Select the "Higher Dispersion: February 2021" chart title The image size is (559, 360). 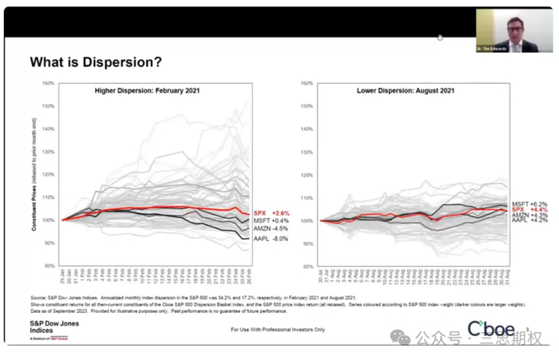[x=147, y=91]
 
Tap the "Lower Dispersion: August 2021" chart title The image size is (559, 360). [x=406, y=91]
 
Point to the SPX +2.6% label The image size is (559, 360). [x=270, y=212]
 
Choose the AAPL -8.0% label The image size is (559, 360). [x=270, y=239]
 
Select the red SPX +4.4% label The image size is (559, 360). [x=528, y=211]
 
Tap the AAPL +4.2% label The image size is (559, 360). [x=528, y=221]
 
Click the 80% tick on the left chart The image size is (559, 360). [x=49, y=265]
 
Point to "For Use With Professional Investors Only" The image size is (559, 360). [x=278, y=328]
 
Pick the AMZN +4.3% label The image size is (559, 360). [x=528, y=216]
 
